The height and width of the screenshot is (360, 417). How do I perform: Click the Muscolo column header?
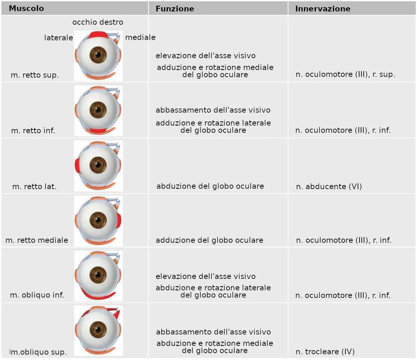click(26, 8)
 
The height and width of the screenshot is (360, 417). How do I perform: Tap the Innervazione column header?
click(323, 9)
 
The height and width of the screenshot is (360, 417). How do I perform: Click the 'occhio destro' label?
click(98, 22)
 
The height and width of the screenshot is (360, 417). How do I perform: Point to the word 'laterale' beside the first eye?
click(59, 38)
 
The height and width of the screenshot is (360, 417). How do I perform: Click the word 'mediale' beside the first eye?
click(140, 37)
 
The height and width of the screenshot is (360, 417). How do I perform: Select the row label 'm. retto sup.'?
click(35, 75)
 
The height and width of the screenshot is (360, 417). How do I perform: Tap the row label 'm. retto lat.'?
click(35, 187)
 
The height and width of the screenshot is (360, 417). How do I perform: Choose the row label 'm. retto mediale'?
click(37, 240)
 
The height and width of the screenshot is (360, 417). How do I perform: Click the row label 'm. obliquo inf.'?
click(37, 295)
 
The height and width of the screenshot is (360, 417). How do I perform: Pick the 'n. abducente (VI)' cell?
click(329, 186)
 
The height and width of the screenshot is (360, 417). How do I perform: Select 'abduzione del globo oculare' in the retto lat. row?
click(210, 186)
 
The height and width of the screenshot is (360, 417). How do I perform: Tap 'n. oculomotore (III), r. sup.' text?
click(345, 75)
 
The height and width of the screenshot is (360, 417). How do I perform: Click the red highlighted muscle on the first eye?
click(98, 35)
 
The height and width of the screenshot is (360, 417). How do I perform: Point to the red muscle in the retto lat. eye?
click(77, 166)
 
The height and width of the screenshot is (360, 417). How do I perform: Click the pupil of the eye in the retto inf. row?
click(98, 110)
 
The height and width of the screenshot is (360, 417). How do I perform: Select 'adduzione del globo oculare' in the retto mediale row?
click(209, 240)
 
